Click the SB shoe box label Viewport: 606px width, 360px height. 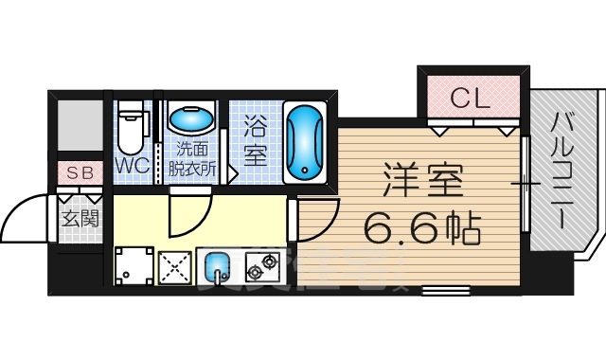pos(79,174)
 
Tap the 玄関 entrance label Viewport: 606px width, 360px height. pos(79,218)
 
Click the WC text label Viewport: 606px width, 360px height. pos(131,166)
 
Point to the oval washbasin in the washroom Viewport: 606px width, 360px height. pos(190,120)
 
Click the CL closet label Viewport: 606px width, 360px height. pos(471,97)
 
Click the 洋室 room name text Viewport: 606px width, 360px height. pos(422,180)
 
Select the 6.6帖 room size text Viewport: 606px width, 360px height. pos(422,227)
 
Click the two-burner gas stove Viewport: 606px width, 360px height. pos(264,266)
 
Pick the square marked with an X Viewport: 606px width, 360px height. pos(175,266)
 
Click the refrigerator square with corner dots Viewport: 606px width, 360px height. pos(134,265)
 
